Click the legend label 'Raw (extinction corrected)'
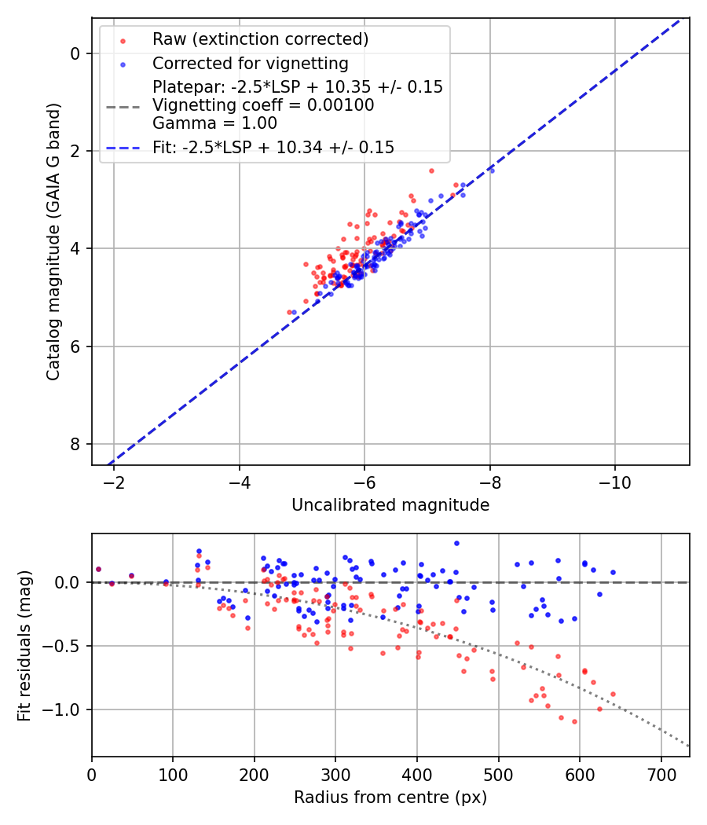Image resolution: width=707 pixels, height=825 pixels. tap(260, 39)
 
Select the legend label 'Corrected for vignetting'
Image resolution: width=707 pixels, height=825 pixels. tap(250, 63)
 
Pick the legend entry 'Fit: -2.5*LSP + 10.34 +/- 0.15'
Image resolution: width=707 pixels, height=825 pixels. tap(273, 147)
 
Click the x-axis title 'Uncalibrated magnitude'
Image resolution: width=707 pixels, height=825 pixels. tap(390, 505)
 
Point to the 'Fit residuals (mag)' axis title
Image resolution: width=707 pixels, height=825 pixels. tap(24, 645)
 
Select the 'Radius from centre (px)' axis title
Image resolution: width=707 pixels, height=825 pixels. tap(390, 797)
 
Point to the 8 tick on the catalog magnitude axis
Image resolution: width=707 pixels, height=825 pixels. tap(75, 444)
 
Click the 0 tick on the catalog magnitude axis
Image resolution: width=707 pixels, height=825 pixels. tap(75, 53)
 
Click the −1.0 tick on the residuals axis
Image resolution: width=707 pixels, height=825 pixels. tap(65, 709)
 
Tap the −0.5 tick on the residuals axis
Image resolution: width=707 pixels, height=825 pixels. tap(65, 646)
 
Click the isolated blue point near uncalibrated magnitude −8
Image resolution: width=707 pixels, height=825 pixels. tap(492, 170)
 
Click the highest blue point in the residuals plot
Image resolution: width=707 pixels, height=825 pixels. tap(456, 543)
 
